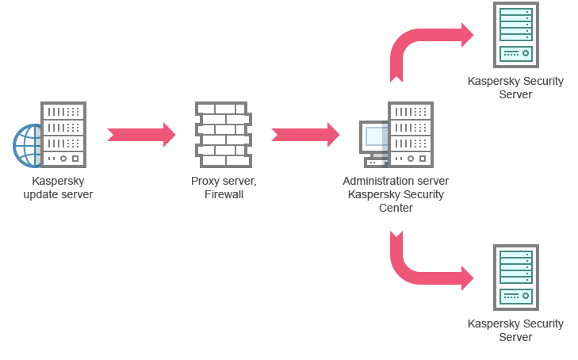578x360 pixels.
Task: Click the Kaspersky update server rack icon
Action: point(63,134)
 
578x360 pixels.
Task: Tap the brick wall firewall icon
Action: point(223,134)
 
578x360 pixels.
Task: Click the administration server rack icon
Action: point(411,134)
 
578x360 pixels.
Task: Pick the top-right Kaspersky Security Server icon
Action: point(515,35)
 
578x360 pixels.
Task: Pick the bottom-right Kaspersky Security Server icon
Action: point(515,278)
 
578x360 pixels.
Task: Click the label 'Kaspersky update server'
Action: point(58,188)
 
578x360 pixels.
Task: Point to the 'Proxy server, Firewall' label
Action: point(224,188)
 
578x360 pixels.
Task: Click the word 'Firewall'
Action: point(224,194)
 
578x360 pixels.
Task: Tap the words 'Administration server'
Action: point(396,181)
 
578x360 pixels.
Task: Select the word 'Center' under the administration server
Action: point(396,208)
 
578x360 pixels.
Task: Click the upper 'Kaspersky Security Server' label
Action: point(515,87)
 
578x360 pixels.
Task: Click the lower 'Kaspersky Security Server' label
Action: point(515,330)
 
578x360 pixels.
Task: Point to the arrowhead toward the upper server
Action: point(471,35)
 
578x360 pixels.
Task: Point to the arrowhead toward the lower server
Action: point(471,278)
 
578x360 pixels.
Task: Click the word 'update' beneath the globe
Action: point(41,194)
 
